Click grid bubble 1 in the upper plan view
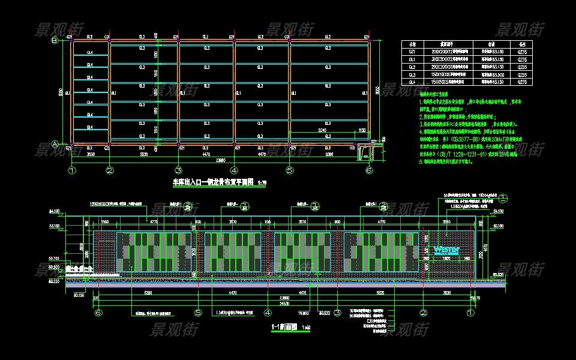click(x=73, y=170)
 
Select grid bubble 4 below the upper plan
click(x=235, y=170)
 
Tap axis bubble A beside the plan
click(x=54, y=144)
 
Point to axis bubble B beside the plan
click(x=54, y=41)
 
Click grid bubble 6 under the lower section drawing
click(x=99, y=313)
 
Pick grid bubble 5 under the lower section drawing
click(x=197, y=313)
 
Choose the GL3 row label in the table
click(x=412, y=74)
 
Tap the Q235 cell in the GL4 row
click(x=522, y=82)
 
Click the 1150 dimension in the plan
click(x=362, y=130)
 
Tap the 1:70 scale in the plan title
click(x=260, y=182)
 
